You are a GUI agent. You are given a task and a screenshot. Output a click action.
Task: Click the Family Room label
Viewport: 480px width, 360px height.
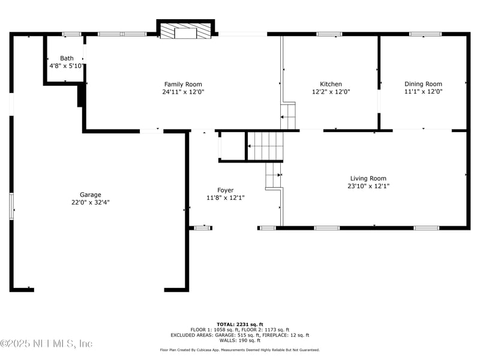point(183,84)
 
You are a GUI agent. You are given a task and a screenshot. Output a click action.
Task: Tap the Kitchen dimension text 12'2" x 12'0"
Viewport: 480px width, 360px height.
point(331,92)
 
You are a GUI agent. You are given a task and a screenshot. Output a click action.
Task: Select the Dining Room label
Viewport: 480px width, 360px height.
point(424,84)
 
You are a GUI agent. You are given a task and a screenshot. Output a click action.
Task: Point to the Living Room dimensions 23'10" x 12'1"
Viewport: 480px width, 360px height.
point(368,186)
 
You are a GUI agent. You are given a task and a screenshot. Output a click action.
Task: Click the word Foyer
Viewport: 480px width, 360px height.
point(226,190)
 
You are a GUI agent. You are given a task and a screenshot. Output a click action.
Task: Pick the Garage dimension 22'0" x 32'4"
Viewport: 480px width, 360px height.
point(91,202)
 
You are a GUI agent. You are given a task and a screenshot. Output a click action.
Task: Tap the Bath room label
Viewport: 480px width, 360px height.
point(67,58)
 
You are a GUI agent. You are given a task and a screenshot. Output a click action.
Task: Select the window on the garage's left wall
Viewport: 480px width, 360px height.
point(11,206)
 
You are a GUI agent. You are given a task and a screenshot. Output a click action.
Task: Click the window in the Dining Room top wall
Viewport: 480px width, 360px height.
point(425,34)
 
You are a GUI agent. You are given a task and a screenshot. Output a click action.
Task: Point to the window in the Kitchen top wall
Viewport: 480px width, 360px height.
point(329,34)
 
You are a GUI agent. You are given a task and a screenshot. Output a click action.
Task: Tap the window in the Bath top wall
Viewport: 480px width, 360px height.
point(71,34)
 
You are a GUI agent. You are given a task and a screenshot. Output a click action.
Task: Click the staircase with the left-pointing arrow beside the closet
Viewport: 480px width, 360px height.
point(265,146)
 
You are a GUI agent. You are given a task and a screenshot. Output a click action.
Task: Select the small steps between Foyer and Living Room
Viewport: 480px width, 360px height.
point(273,175)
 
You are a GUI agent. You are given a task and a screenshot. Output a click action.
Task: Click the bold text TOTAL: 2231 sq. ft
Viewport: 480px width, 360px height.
point(239,325)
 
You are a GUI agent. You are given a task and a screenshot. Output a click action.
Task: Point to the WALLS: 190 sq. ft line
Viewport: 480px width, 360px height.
point(239,340)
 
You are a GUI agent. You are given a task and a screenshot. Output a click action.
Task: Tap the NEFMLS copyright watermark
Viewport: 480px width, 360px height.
point(46,343)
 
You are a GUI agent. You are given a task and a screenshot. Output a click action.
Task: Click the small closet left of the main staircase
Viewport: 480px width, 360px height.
point(232,146)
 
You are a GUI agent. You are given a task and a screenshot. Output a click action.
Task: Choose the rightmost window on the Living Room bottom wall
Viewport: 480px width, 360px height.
point(426,228)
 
